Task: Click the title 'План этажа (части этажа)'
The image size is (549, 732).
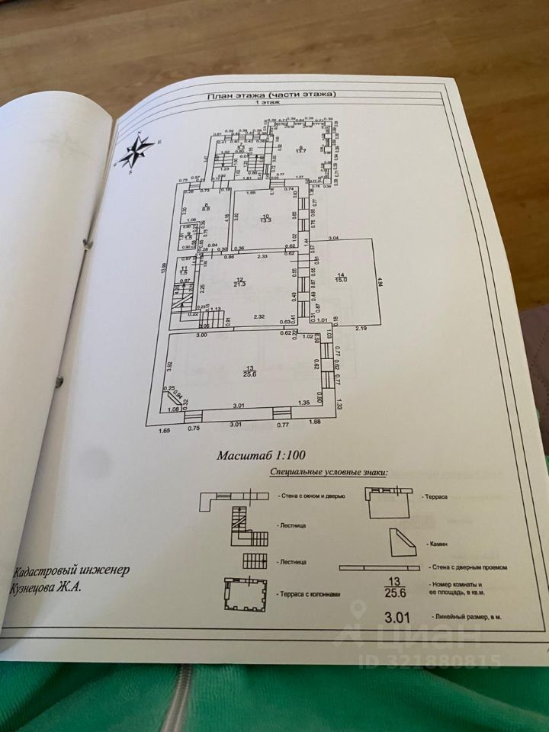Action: pos(272,95)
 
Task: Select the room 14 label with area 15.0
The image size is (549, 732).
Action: pos(341,278)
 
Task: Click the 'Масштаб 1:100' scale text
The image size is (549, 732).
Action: pos(261,456)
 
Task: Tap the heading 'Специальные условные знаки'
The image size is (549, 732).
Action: pos(329,473)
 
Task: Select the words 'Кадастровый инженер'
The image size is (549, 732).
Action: pos(71,571)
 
